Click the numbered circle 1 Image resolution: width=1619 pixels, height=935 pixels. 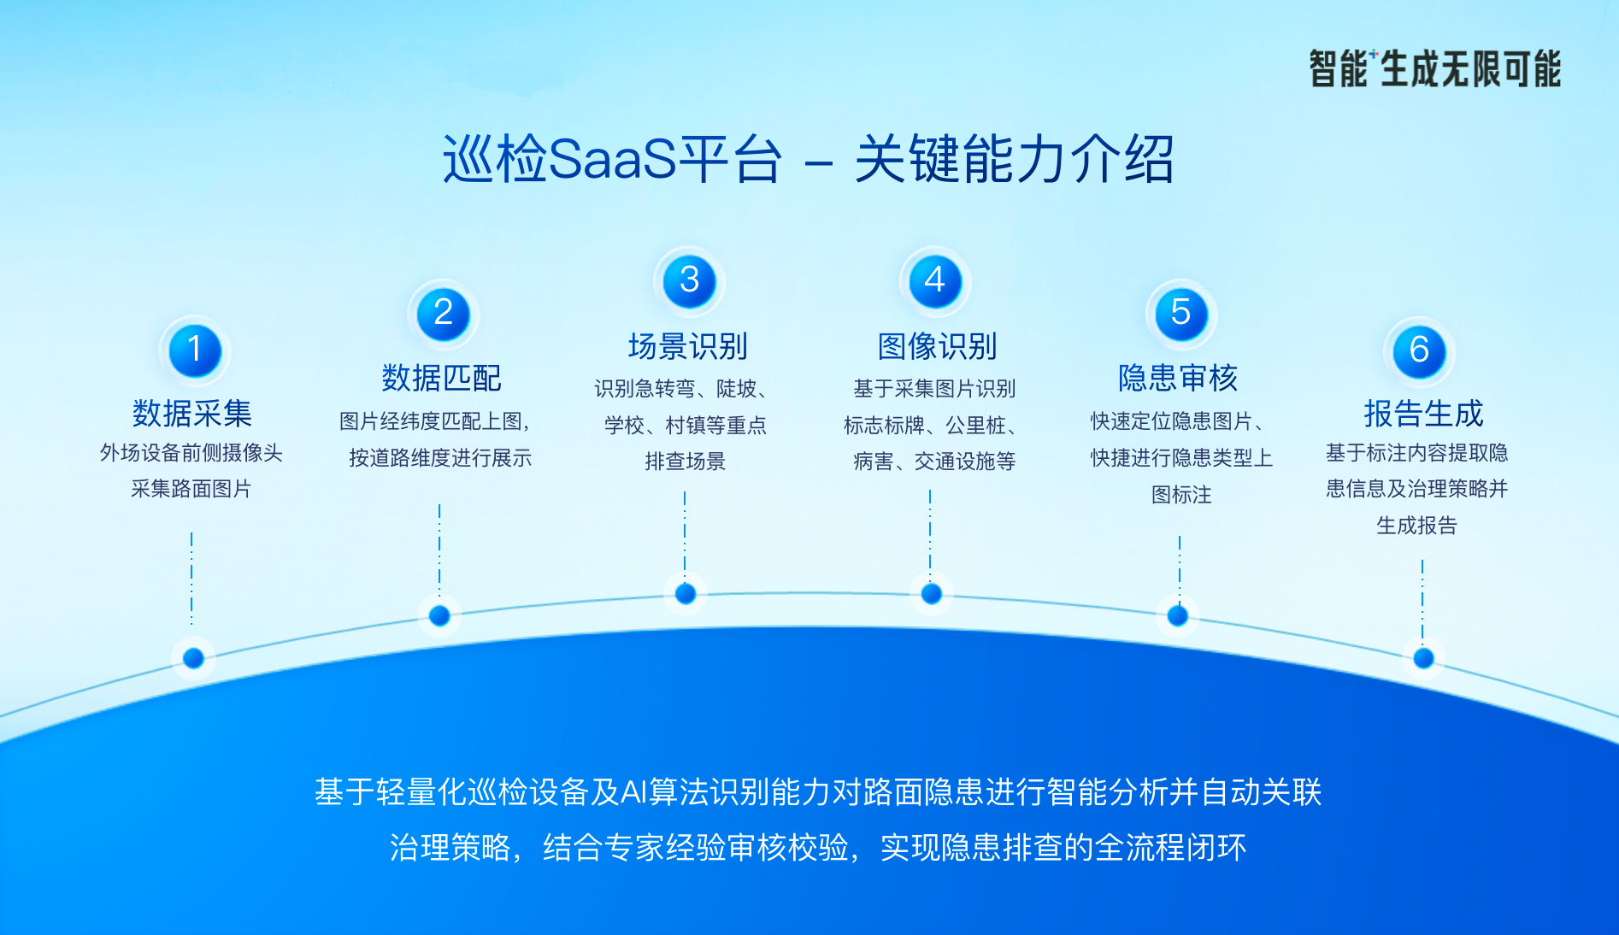coord(195,350)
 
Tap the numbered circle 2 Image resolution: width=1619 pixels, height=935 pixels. coord(443,314)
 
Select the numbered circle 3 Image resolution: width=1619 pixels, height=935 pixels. coord(689,281)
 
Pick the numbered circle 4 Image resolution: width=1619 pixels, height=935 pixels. coord(935,281)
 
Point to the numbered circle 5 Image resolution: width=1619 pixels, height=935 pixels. coord(1181,314)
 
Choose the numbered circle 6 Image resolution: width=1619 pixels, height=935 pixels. coord(1419,350)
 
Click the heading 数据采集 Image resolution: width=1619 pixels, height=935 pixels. coord(192,414)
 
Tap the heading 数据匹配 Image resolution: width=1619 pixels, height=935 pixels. coord(441,378)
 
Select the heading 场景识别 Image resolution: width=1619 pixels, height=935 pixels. coord(688,346)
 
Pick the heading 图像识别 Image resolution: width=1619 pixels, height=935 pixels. coord(938,346)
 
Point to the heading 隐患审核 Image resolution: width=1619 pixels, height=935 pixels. coord(1178,378)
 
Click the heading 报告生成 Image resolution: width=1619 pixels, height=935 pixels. coord(1423,414)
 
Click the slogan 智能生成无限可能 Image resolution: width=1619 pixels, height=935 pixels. coord(1435,69)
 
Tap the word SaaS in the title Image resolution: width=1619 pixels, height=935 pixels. coord(611,159)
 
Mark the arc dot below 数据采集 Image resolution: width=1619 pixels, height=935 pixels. coord(193,658)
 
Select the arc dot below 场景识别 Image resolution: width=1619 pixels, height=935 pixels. coord(686,594)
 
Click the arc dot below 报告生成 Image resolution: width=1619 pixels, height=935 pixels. coord(1423,658)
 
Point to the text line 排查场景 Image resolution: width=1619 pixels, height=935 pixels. coord(686,462)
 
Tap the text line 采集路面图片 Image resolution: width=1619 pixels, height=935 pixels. coord(191,489)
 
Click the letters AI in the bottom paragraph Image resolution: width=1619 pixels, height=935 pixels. coord(633,792)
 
